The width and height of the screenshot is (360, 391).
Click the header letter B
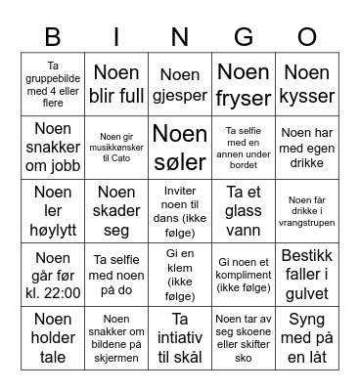(x=53, y=38)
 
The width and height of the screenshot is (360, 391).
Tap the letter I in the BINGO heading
(x=116, y=38)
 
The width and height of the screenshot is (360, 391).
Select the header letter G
(x=243, y=38)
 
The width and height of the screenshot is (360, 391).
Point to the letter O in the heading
(x=306, y=38)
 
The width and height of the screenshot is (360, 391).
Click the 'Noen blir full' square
(x=116, y=84)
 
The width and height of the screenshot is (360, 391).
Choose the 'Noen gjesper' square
(x=179, y=84)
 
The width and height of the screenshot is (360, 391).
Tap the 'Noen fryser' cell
(x=243, y=84)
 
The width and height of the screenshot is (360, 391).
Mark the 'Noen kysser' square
(x=306, y=84)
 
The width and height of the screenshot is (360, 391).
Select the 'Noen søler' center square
(x=179, y=147)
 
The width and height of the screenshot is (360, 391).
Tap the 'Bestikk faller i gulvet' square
(x=306, y=274)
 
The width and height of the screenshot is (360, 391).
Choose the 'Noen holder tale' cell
(x=53, y=337)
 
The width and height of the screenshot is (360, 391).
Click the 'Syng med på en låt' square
(x=306, y=337)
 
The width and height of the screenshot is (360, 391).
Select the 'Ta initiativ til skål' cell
(x=179, y=337)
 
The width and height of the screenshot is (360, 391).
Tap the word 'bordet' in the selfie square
(x=243, y=165)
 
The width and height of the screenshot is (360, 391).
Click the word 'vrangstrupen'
(x=306, y=221)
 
